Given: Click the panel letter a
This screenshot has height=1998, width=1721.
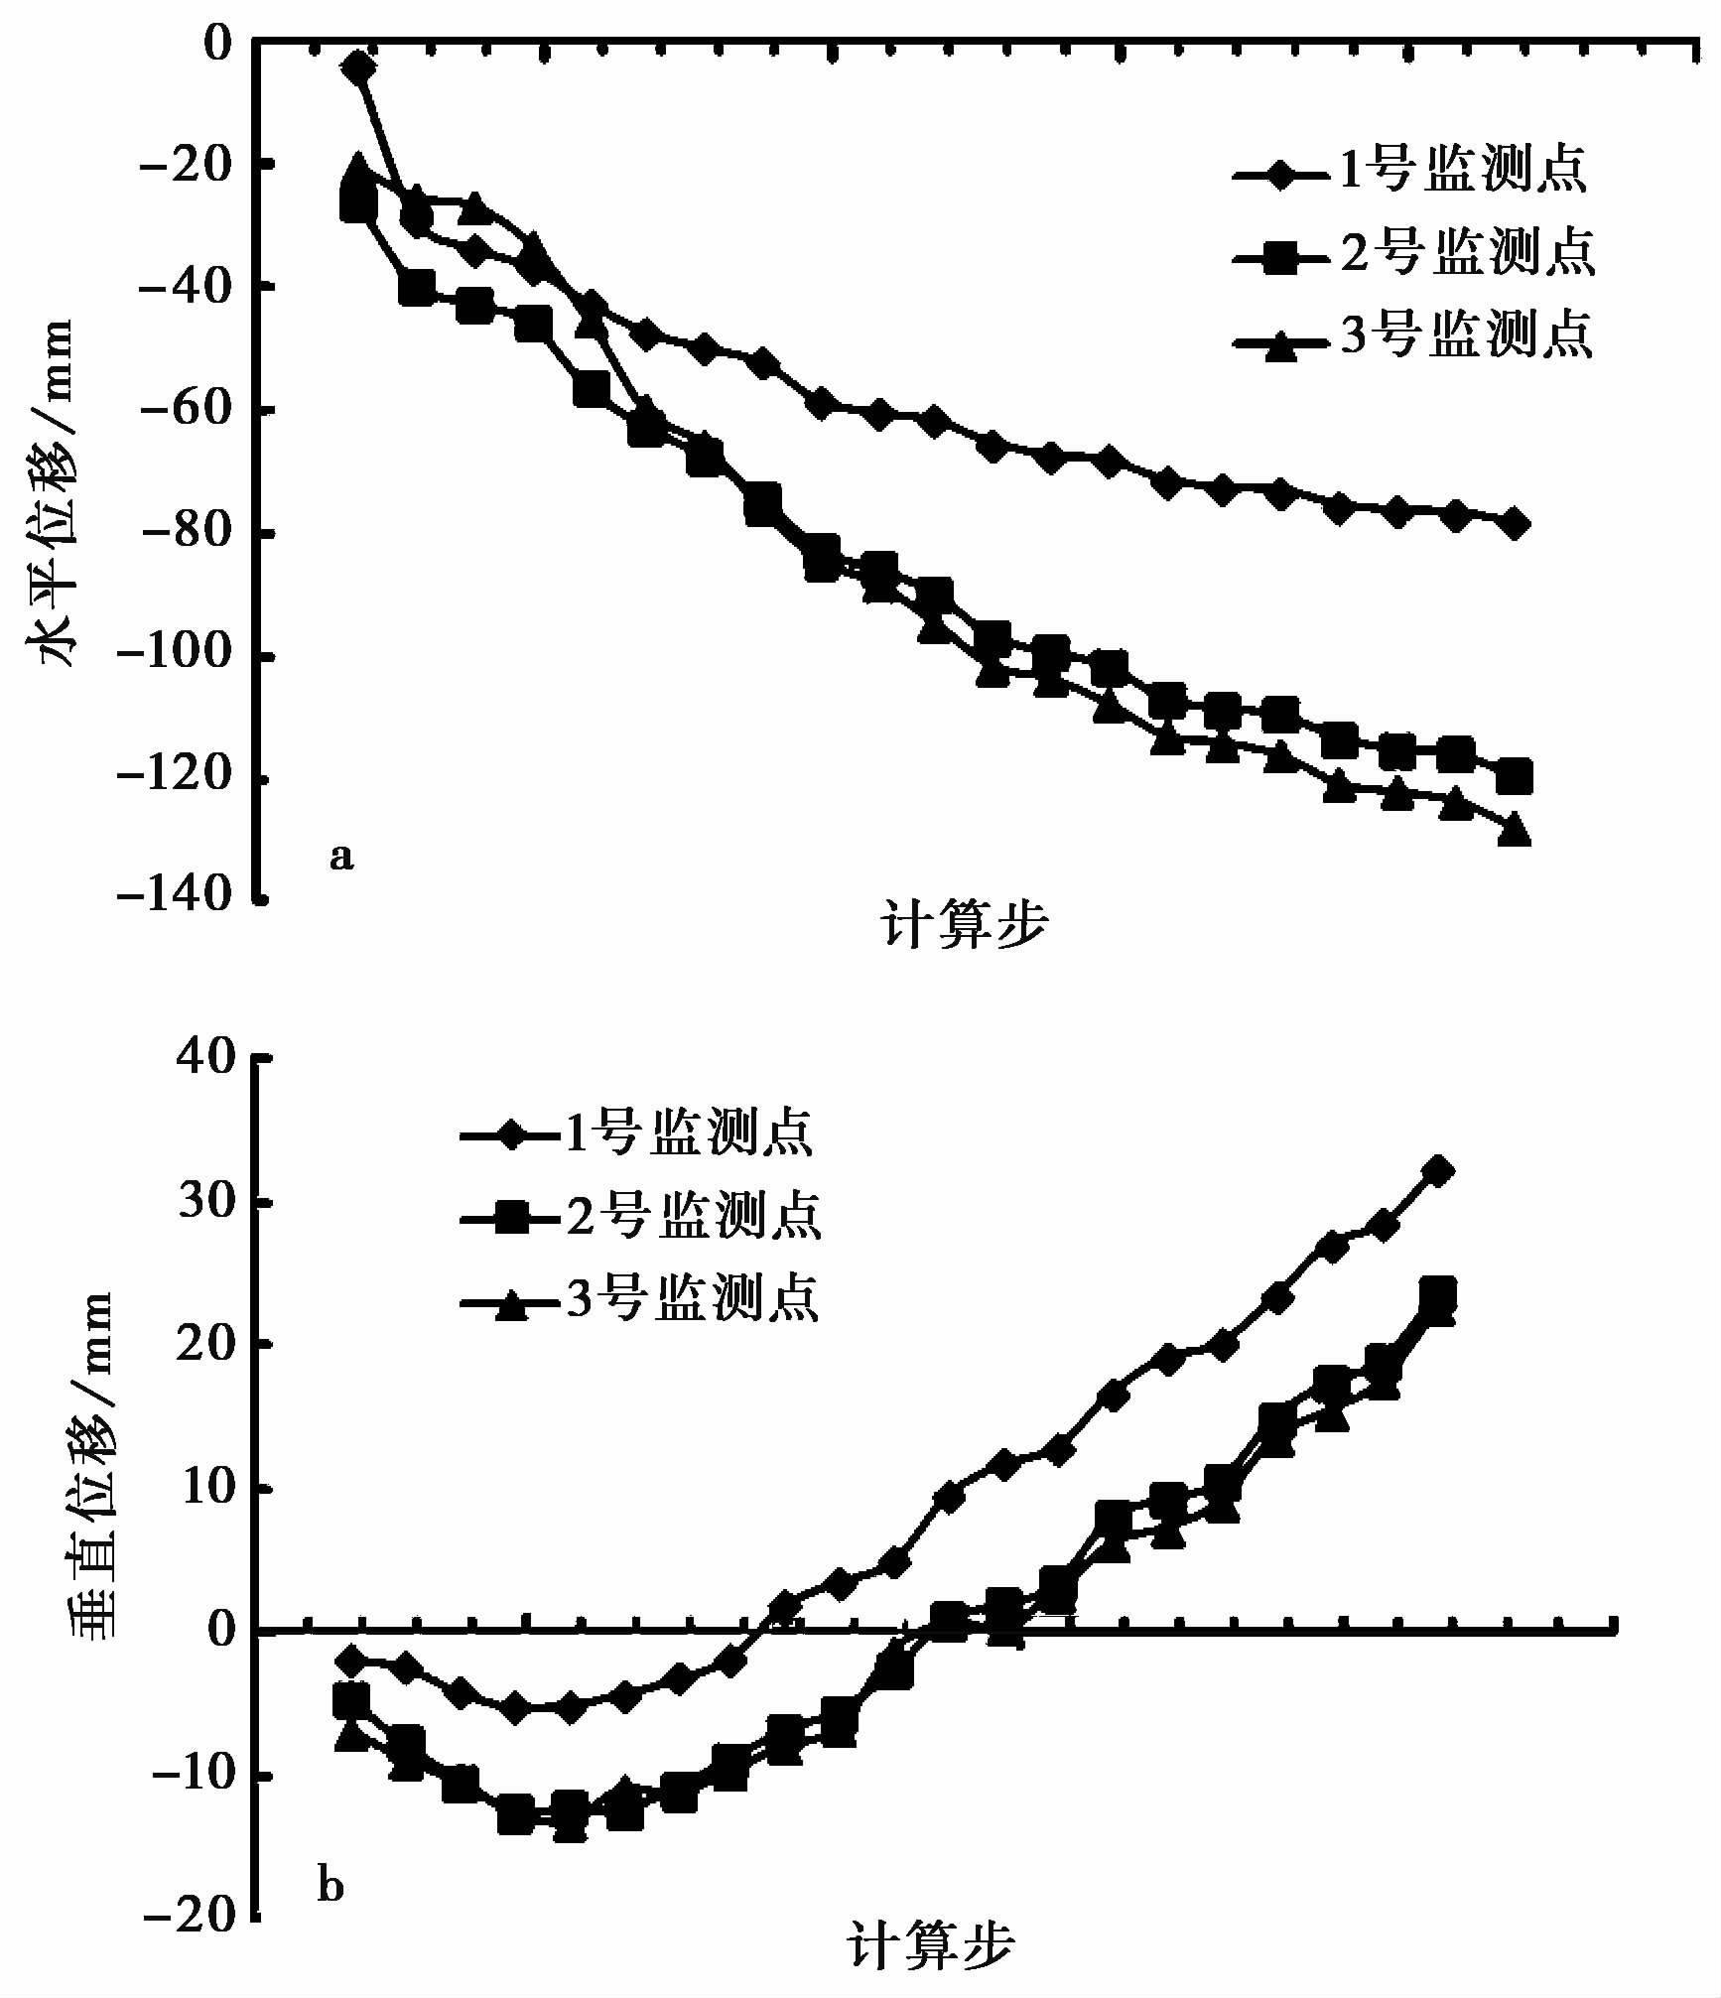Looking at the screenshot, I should pos(340,856).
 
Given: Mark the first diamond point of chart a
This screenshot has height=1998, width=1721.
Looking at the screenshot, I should pos(358,67).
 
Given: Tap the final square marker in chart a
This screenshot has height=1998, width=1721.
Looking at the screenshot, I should pos(1515,775).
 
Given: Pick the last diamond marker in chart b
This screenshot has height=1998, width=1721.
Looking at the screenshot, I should pos(1438,1171).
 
